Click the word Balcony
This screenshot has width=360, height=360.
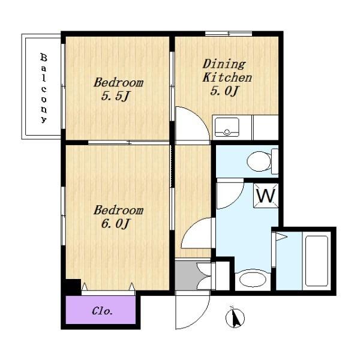[x=44, y=88]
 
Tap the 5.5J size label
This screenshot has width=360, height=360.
[x=115, y=96]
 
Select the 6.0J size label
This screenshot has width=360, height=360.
[x=116, y=224]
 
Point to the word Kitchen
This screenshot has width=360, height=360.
[x=227, y=77]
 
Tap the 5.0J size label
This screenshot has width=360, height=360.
[x=224, y=91]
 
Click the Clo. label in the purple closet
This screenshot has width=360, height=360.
[x=102, y=311]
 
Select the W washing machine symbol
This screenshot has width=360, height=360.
[x=266, y=196]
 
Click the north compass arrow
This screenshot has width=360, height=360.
[x=235, y=318]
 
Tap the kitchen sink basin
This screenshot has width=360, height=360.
[x=227, y=127]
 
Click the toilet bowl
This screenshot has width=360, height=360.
[x=259, y=161]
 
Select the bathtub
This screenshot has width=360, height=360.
[x=317, y=261]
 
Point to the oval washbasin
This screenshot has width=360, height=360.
[x=253, y=280]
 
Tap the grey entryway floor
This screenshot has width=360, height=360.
[x=186, y=276]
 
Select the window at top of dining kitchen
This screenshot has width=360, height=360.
[x=229, y=34]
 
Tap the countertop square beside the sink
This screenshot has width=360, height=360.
[x=266, y=127]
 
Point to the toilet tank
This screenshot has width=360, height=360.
[x=275, y=161]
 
